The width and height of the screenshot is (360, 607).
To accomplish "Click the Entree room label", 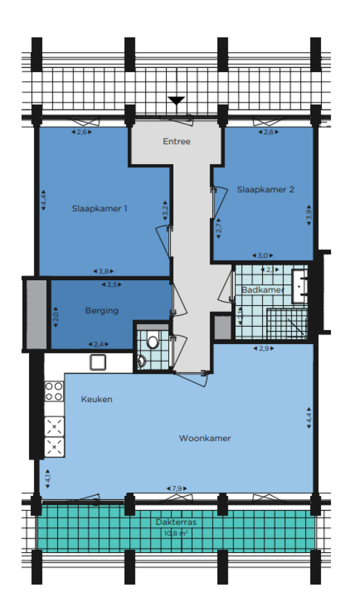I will pos(176,141).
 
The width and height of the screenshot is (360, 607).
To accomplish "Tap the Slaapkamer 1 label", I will pos(99,208).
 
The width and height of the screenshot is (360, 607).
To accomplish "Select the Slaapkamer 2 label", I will pos(265,189).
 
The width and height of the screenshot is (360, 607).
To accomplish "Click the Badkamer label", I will pos(262,290).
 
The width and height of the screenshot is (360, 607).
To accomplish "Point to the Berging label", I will pos(102,310).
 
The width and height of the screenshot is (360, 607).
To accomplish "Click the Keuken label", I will pos(97,399).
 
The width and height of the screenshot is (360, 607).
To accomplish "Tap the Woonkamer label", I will pos(205,438).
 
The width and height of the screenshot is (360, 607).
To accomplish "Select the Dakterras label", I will pos(176,522).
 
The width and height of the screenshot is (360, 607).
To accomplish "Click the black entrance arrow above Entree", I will pos(176,100).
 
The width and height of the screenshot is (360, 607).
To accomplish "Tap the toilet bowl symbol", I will pos(152,342).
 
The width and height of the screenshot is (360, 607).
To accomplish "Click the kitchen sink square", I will pos(98,362).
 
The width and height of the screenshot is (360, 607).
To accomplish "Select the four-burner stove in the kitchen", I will pos(54,391).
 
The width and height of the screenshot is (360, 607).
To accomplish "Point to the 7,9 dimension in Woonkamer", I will pos(176,488).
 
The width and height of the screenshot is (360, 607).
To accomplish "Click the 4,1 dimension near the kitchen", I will pos(47,479).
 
